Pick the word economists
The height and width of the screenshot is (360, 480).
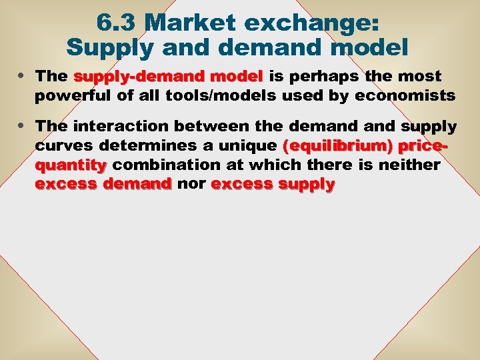tap(405, 96)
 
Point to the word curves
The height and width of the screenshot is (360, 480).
tap(59, 145)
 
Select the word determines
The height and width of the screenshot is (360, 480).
tap(136, 145)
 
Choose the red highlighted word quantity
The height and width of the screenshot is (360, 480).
tap(71, 164)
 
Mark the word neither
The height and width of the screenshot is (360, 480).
tap(409, 164)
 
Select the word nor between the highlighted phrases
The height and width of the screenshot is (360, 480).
tap(191, 183)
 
